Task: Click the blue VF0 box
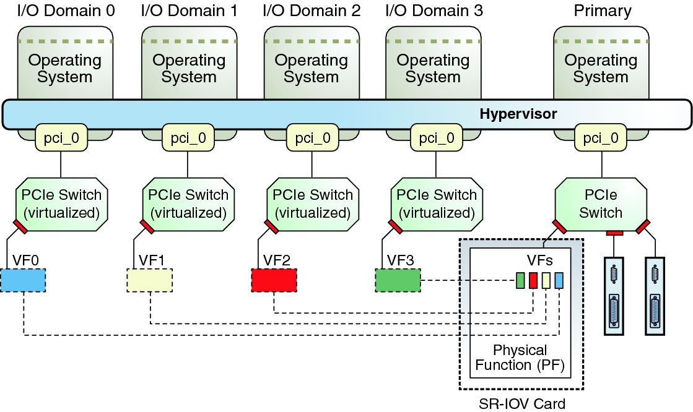23,280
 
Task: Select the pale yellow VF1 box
149,280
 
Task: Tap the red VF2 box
274,280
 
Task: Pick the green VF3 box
398,280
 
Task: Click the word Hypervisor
518,114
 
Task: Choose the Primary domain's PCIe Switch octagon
600,204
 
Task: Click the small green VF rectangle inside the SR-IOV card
520,280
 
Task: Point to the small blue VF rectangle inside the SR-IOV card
559,280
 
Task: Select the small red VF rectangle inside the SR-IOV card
533,280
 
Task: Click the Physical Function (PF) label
520,358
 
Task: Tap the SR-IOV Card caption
521,405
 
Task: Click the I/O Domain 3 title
434,11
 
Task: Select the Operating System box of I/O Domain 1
188,68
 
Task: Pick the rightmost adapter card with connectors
655,296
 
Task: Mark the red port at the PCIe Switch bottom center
614,233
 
